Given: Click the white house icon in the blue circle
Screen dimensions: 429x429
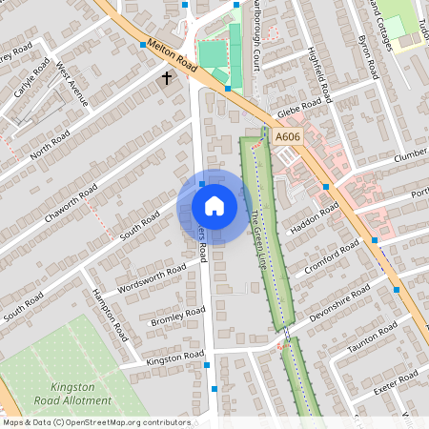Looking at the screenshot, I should click(x=214, y=206).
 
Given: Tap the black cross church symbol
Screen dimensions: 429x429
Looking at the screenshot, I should click(x=168, y=78).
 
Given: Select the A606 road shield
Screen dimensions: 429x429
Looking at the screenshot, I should click(x=289, y=137).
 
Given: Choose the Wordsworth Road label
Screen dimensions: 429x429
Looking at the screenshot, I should click(x=151, y=280).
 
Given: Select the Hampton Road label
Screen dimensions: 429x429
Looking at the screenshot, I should click(x=109, y=317).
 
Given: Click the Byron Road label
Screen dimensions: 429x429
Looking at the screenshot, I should click(x=367, y=56).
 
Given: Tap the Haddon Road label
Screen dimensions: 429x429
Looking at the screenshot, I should click(x=315, y=216).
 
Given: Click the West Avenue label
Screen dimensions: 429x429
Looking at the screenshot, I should click(x=71, y=84).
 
